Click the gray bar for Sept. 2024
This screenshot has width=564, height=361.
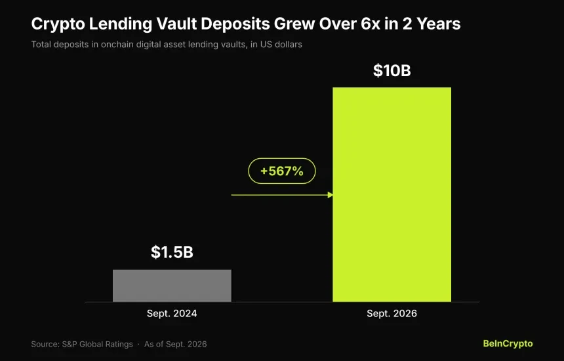coord(172,286)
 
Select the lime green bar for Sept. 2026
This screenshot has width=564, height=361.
coord(392,194)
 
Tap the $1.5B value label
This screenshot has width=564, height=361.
coord(172,252)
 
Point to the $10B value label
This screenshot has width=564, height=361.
coord(392,70)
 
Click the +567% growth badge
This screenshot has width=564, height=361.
coord(282,171)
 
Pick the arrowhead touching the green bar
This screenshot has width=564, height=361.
coord(330,195)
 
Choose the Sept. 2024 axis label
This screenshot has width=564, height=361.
coord(172,314)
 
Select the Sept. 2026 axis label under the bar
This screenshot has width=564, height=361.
coord(392,314)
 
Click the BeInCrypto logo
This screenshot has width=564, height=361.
coord(508,344)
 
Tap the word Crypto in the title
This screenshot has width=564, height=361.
coord(58,24)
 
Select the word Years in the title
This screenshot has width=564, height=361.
coord(439,24)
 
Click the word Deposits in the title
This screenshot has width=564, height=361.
coord(235,24)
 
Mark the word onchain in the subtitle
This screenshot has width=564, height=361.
coord(117,44)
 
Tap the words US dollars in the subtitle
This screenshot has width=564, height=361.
coord(281,44)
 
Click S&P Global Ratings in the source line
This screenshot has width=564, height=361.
coord(98,344)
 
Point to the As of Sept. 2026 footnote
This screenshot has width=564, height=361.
coord(176,344)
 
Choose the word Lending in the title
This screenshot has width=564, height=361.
coord(121,24)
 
